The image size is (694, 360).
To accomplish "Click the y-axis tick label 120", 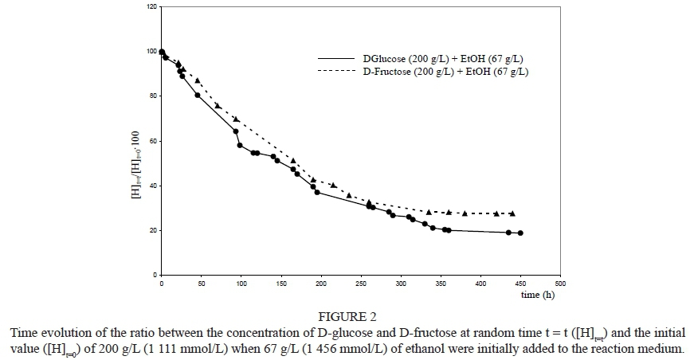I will point(151,7).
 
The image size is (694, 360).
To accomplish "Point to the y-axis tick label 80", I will point(152,96).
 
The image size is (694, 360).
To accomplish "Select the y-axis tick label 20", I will point(152,231).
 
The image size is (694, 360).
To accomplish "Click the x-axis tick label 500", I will point(560,284).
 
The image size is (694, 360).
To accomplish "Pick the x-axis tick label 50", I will point(202,284).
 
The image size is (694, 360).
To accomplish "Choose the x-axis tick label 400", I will point(480,284).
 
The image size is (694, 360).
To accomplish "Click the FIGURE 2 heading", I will point(348,316).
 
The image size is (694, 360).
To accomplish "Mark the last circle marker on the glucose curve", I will point(520,233).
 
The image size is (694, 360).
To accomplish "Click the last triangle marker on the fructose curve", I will point(512,213).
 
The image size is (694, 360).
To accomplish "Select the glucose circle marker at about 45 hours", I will point(198,95).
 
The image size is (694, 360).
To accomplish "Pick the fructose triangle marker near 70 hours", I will point(218,105).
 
